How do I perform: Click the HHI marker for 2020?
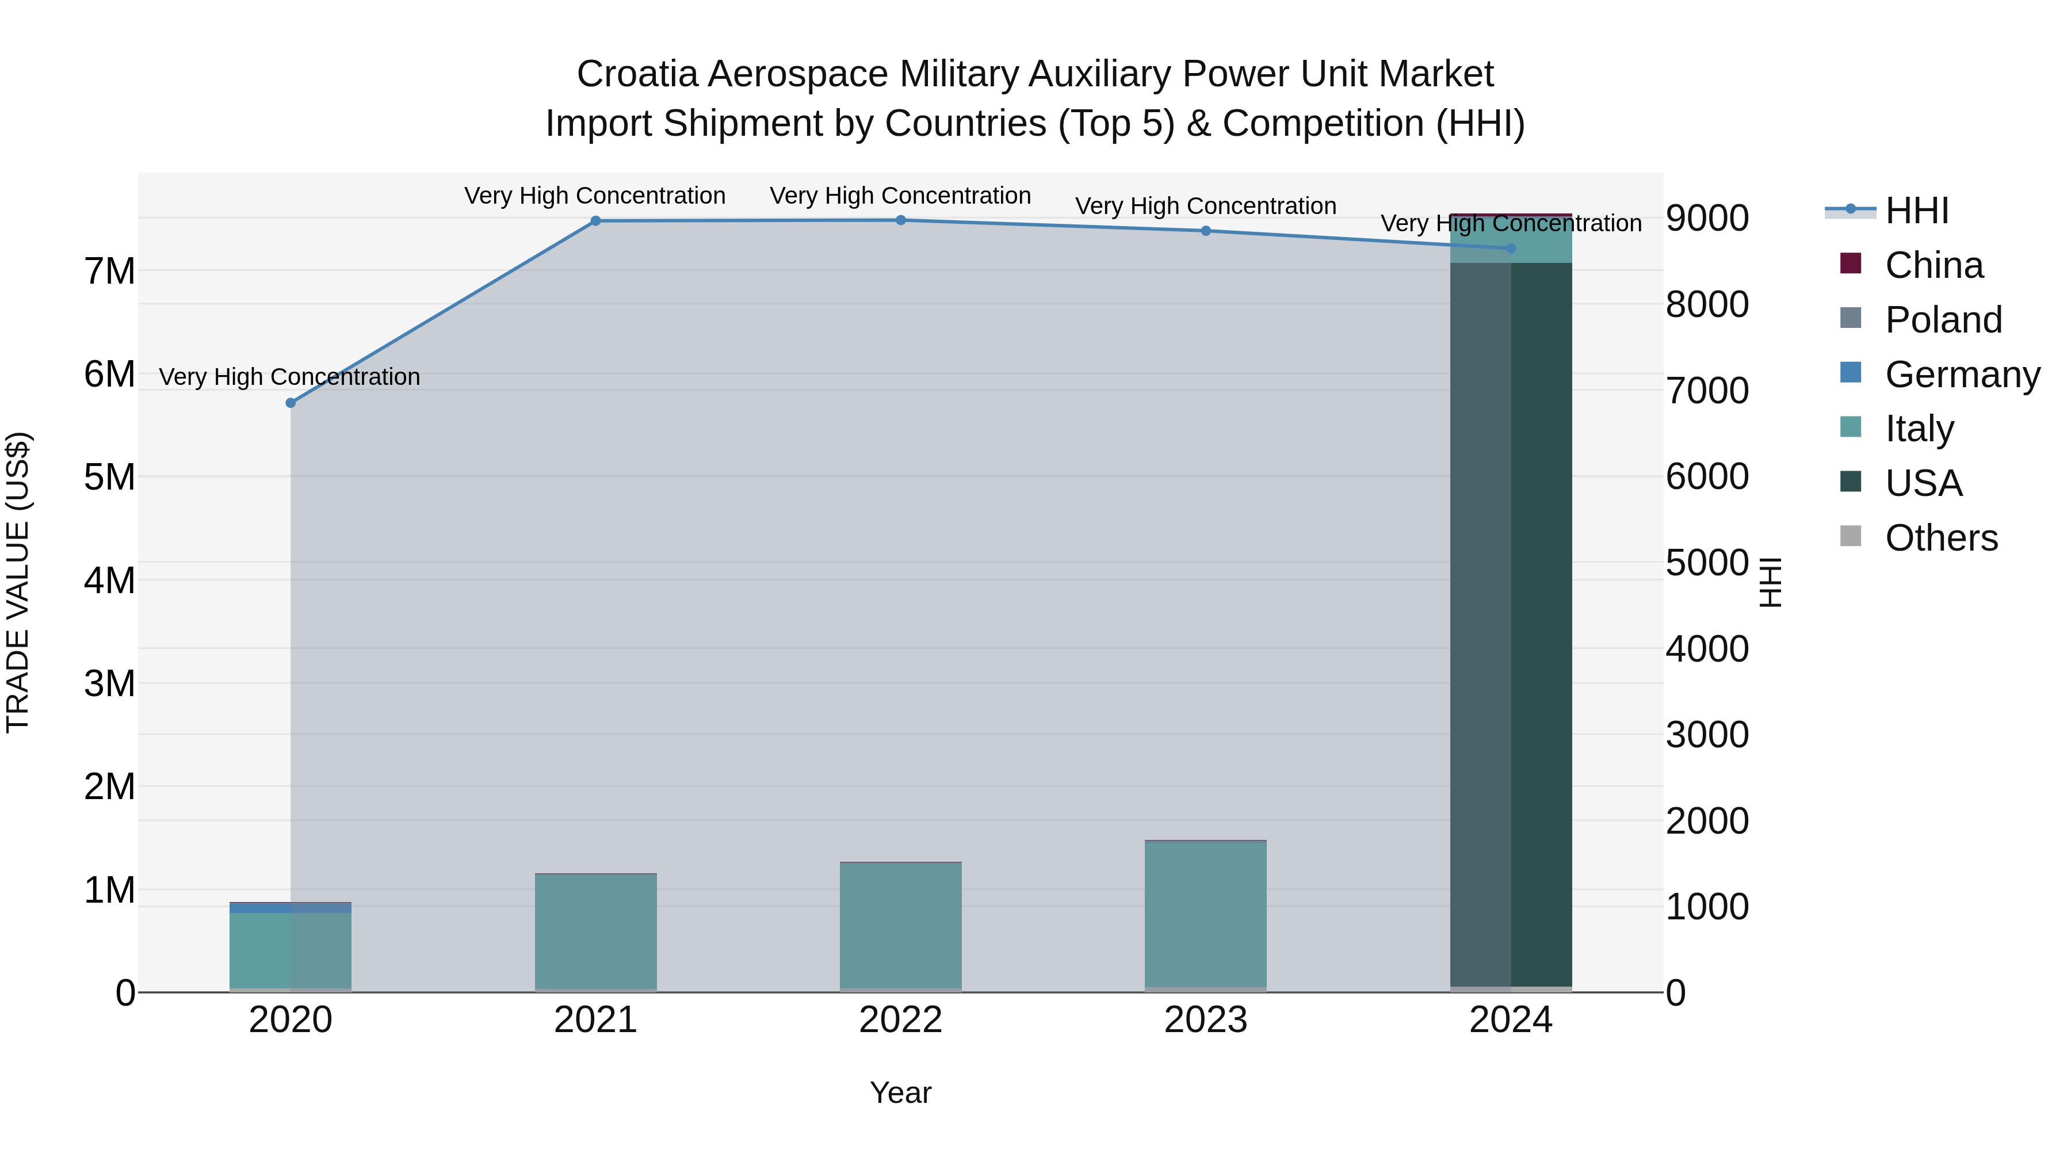pyautogui.click(x=291, y=403)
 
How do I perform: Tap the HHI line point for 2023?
pyautogui.click(x=1206, y=231)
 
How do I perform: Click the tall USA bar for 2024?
pyautogui.click(x=1511, y=627)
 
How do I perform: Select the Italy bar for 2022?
pyautogui.click(x=900, y=925)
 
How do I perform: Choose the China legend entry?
pyautogui.click(x=1933, y=265)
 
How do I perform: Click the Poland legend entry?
pyautogui.click(x=1942, y=320)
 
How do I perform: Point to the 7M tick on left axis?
pyautogui.click(x=110, y=272)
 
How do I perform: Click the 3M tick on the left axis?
pyautogui.click(x=110, y=684)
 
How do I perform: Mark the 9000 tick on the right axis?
pyautogui.click(x=1707, y=218)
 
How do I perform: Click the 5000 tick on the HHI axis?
pyautogui.click(x=1707, y=563)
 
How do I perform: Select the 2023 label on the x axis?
pyautogui.click(x=1206, y=1020)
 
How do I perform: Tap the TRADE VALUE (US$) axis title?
pyautogui.click(x=18, y=582)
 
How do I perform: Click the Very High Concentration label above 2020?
pyautogui.click(x=289, y=377)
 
